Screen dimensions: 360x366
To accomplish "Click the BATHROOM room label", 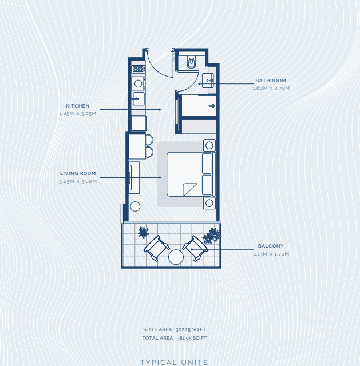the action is pyautogui.click(x=271, y=81).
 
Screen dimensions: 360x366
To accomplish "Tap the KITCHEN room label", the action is pyautogui.click(x=78, y=106).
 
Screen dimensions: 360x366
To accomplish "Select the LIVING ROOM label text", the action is pyautogui.click(x=78, y=173).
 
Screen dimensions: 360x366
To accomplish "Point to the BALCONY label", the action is pyautogui.click(x=271, y=246).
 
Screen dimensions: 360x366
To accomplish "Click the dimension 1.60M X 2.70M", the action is pyautogui.click(x=271, y=88).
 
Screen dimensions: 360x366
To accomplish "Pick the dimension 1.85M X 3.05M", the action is pyautogui.click(x=78, y=113).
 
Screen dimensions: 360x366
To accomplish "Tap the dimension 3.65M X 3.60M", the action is pyautogui.click(x=78, y=181).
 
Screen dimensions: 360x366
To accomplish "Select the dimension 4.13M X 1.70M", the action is pyautogui.click(x=271, y=254).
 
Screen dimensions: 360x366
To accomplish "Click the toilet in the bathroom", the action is pyautogui.click(x=192, y=62).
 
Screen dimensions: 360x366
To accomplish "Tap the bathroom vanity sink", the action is pyautogui.click(x=208, y=81).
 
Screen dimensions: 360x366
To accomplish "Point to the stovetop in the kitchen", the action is pyautogui.click(x=139, y=69).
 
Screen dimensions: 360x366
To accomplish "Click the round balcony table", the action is pyautogui.click(x=176, y=257).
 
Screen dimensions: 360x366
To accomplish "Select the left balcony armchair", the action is pyautogui.click(x=156, y=248).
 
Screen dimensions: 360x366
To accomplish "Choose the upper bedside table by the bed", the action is pyautogui.click(x=209, y=145).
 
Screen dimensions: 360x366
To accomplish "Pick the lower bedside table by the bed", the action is pyautogui.click(x=209, y=203).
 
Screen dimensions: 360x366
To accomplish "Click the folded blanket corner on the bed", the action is pyautogui.click(x=189, y=189).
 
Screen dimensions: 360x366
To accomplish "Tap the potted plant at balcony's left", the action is pyautogui.click(x=143, y=233).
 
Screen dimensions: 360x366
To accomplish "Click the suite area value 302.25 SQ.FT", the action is pyautogui.click(x=191, y=329).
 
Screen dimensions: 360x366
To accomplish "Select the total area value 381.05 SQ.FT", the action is pyautogui.click(x=192, y=338).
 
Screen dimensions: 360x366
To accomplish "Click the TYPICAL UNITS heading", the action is pyautogui.click(x=174, y=363).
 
